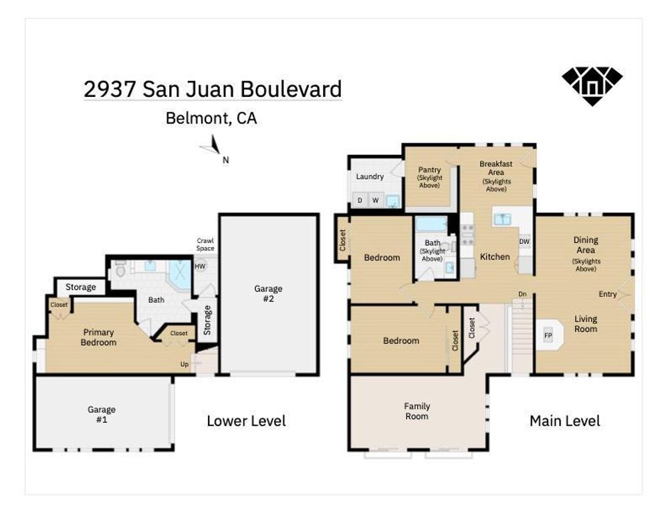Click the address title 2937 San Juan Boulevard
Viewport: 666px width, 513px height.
(x=213, y=89)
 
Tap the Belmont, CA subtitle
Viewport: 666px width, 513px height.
(x=211, y=119)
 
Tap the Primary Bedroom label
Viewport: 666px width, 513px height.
(x=99, y=337)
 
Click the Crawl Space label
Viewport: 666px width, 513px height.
(x=205, y=244)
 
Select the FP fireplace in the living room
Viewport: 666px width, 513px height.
(x=548, y=335)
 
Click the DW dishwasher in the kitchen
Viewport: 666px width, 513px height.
(x=524, y=242)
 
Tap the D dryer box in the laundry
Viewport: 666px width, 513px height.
(x=360, y=200)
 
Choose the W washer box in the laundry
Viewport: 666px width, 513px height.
(x=375, y=200)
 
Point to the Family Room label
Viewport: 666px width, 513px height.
(x=417, y=411)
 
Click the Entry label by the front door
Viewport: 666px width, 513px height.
(x=607, y=295)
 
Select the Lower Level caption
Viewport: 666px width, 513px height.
(x=246, y=421)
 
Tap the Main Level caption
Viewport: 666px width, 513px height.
(x=564, y=421)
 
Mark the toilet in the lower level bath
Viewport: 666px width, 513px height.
(x=120, y=270)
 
